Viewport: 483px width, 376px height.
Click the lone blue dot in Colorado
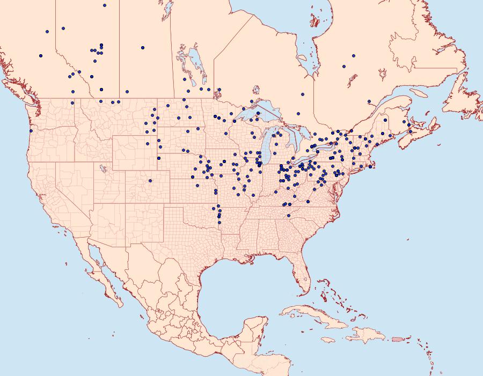tap(150, 180)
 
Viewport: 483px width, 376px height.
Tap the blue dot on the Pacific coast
tap(31, 131)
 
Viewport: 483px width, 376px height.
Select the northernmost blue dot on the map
tap(104, 5)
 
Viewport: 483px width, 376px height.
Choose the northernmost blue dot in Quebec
tap(353, 55)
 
